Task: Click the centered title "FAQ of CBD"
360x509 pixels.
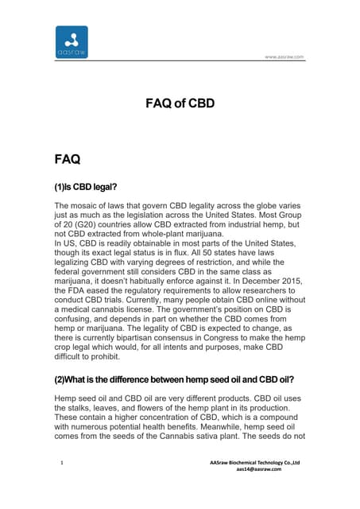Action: (180, 103)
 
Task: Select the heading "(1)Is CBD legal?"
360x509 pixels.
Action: (85, 187)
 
